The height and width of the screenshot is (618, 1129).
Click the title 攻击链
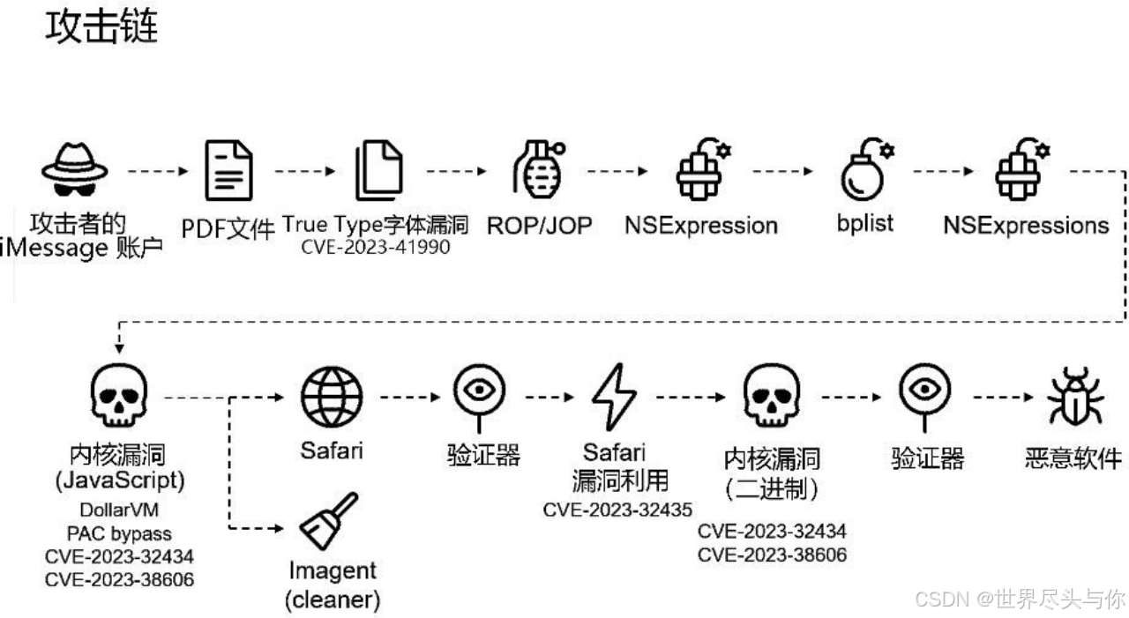coord(101,28)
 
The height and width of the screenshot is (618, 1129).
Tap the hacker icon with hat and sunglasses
coord(74,170)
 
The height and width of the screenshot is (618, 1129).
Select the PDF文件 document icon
coord(228,171)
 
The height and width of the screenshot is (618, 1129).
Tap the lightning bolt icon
coord(614,397)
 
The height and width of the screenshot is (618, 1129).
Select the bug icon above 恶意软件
coord(1074,398)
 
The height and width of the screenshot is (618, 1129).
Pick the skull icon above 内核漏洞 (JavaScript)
coord(119,398)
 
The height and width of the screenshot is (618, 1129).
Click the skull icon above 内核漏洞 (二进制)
coord(771,398)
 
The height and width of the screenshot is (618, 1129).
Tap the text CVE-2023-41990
coord(375,247)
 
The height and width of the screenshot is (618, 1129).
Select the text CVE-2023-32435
coord(617,510)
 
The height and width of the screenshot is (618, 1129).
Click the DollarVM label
coord(119,511)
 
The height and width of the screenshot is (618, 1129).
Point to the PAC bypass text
coord(119,533)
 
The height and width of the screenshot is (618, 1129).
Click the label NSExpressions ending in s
coord(1026,225)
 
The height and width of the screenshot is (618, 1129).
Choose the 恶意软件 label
coord(1073,458)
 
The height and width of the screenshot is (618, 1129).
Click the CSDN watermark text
coord(1020,599)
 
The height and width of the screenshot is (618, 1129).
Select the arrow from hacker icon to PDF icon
coord(158,171)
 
